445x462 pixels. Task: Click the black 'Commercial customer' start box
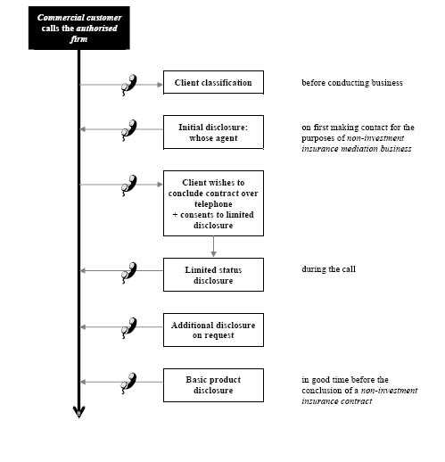pyautogui.click(x=79, y=28)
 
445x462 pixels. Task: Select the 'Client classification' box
pyautogui.click(x=213, y=82)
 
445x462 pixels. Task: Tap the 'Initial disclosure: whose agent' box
pyautogui.click(x=213, y=132)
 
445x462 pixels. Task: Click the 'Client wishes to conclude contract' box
pyautogui.click(x=213, y=203)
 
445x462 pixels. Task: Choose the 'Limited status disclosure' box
pyautogui.click(x=213, y=275)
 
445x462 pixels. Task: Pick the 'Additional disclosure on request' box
pyautogui.click(x=213, y=330)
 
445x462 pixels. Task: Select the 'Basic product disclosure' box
pyautogui.click(x=213, y=385)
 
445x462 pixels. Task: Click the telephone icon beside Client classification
pyautogui.click(x=129, y=85)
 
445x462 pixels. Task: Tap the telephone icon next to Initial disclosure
pyautogui.click(x=129, y=130)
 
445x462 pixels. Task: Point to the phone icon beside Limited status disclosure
pyautogui.click(x=129, y=273)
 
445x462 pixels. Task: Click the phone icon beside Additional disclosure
pyautogui.click(x=129, y=328)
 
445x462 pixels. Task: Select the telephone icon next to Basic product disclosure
pyautogui.click(x=129, y=384)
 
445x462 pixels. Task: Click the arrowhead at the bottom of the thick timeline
pyautogui.click(x=79, y=412)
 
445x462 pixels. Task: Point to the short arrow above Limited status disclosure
pyautogui.click(x=213, y=246)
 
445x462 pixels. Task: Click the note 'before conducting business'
pyautogui.click(x=352, y=83)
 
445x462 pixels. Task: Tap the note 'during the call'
pyautogui.click(x=328, y=269)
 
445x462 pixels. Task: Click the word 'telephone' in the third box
pyautogui.click(x=213, y=204)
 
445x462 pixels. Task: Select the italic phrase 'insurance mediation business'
pyautogui.click(x=357, y=149)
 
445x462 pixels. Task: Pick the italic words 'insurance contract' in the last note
pyautogui.click(x=337, y=401)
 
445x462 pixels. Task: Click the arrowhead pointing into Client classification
pyautogui.click(x=160, y=85)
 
